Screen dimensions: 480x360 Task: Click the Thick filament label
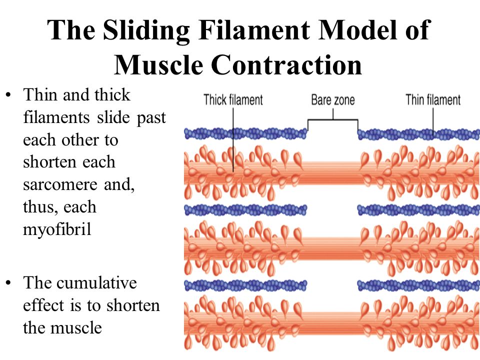[x=233, y=100]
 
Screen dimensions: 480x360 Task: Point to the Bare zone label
[x=333, y=100]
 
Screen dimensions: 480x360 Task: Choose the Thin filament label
[x=433, y=100]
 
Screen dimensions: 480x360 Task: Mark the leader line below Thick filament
[x=233, y=140]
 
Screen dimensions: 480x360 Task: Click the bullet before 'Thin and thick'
[x=8, y=94]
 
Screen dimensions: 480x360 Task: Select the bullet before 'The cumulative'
[x=8, y=282]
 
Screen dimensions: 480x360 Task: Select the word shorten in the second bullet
[x=133, y=305]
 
